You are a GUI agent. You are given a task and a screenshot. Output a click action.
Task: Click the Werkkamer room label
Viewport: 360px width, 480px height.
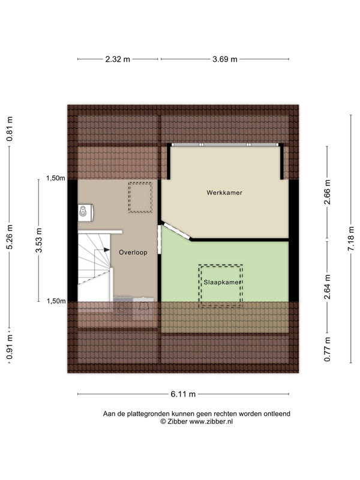point(224,193)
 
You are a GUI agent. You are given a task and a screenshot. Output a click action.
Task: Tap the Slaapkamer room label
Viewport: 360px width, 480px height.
point(223,282)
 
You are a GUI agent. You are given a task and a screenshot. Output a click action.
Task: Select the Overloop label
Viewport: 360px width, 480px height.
point(133,252)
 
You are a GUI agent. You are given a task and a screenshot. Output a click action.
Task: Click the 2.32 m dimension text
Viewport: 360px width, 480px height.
point(118,59)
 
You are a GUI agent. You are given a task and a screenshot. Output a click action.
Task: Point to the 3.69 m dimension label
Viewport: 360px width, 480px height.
point(225,59)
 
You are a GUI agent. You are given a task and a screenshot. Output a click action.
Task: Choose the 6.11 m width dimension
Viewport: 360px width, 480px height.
point(183,394)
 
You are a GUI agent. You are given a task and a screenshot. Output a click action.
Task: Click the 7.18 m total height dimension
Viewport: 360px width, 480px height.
point(351,239)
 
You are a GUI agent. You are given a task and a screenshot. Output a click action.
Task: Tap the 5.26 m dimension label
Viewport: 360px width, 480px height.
point(10,237)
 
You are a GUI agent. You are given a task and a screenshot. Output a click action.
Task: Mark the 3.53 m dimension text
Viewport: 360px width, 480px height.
point(38,241)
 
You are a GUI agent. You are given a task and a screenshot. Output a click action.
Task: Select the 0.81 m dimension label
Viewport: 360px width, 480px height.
point(10,129)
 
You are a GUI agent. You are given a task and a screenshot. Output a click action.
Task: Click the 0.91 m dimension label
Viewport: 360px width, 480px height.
point(10,347)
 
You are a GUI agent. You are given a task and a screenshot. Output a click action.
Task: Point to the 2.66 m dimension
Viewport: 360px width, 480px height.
point(327,192)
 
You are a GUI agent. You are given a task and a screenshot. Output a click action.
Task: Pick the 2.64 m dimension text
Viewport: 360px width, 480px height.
point(327,287)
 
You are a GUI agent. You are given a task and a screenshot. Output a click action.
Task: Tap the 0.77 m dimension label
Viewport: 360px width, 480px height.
point(327,349)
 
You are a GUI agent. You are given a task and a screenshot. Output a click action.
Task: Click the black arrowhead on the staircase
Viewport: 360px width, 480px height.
point(107,250)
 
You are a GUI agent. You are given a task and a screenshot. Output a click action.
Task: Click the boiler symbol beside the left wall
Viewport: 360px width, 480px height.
point(85,212)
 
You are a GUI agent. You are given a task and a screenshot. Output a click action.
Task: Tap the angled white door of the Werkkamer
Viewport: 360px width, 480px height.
point(176,232)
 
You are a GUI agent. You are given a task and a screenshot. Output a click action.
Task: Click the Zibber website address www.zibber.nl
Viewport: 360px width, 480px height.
point(211,422)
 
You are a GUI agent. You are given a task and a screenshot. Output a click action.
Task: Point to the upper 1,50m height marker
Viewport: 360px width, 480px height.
point(55,178)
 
